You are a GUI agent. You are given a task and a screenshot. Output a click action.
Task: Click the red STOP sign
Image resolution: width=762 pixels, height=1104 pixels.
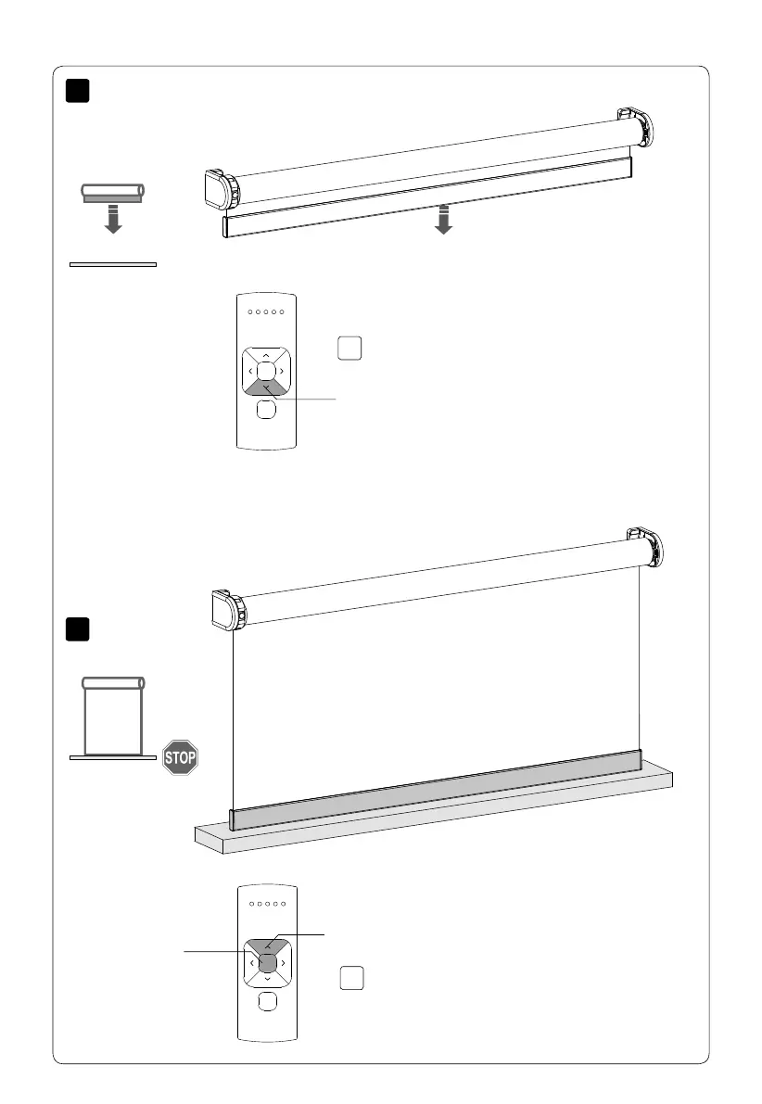[x=180, y=756]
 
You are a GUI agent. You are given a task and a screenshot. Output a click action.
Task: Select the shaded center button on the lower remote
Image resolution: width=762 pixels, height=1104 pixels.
[x=266, y=964]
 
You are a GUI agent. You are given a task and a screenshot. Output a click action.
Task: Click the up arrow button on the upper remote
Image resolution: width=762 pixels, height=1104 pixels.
[x=266, y=355]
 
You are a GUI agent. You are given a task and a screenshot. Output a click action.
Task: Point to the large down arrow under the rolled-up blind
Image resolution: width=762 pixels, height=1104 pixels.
[x=443, y=221]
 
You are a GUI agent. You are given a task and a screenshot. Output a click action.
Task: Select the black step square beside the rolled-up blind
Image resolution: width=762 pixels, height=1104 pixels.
[x=78, y=91]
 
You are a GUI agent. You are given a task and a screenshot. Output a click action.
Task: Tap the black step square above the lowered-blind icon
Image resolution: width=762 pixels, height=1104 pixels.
[x=78, y=629]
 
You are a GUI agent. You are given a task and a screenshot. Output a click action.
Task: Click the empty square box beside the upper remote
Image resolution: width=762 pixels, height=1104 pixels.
[x=349, y=348]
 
